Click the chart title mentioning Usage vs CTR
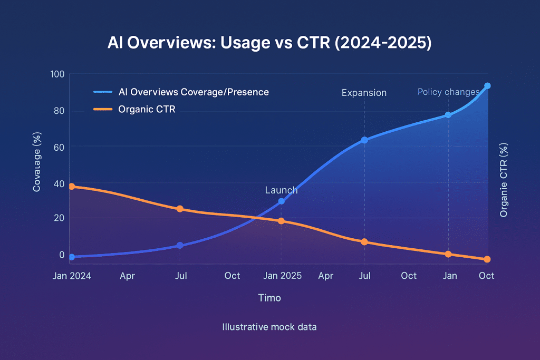tap(269, 44)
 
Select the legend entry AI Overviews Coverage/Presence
tap(193, 92)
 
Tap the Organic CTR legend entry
tap(147, 110)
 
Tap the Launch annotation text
tap(281, 190)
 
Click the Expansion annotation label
tap(364, 93)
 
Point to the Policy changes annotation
tap(448, 92)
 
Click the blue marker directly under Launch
tap(281, 201)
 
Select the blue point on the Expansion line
tap(364, 140)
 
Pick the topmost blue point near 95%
tap(487, 86)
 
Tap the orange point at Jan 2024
tap(71, 187)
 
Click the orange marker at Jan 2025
tap(281, 221)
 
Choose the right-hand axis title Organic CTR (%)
tap(504, 180)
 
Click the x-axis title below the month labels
tap(269, 298)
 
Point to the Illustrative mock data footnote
tap(269, 327)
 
